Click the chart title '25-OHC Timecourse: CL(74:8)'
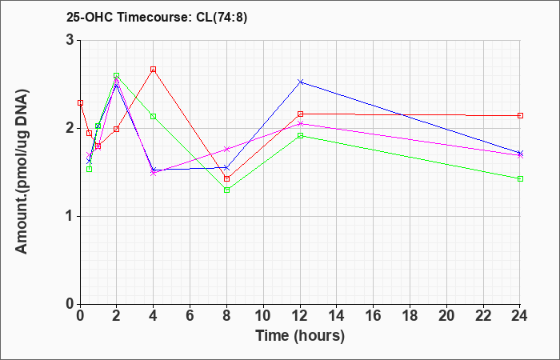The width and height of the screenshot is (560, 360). pyautogui.click(x=157, y=18)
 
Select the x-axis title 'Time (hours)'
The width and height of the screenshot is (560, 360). pyautogui.click(x=300, y=336)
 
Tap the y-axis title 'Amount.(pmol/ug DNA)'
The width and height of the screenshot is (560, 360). pyautogui.click(x=22, y=171)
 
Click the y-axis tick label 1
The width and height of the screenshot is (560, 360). pyautogui.click(x=71, y=217)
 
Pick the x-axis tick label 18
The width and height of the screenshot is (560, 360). pyautogui.click(x=410, y=316)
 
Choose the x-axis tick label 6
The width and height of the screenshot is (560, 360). pyautogui.click(x=190, y=316)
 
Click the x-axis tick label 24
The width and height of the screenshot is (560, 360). pyautogui.click(x=520, y=316)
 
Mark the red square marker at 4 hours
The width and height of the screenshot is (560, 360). pyautogui.click(x=154, y=70)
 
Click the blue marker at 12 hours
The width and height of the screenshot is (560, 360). pyautogui.click(x=300, y=82)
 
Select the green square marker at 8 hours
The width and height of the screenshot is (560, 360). pyautogui.click(x=226, y=190)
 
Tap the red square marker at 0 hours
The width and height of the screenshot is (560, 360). pyautogui.click(x=80, y=103)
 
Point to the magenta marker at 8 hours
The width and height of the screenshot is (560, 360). pyautogui.click(x=226, y=149)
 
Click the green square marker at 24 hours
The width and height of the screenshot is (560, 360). pyautogui.click(x=520, y=178)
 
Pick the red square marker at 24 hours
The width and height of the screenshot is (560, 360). pyautogui.click(x=520, y=116)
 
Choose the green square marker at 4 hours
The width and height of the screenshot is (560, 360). pyautogui.click(x=154, y=117)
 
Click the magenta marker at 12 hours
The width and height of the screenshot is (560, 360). pyautogui.click(x=300, y=123)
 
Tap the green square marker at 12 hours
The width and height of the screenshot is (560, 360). pyautogui.click(x=300, y=136)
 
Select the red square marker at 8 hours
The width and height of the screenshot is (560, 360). pyautogui.click(x=226, y=178)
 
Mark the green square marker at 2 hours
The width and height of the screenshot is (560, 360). pyautogui.click(x=117, y=76)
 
